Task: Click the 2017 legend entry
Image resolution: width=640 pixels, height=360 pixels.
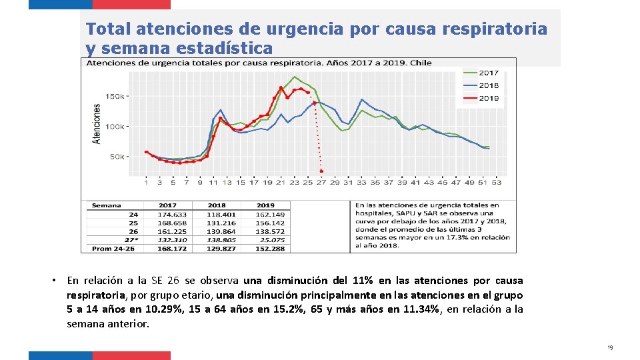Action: [x=489, y=73]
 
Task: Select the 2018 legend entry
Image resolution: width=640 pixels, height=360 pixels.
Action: [x=489, y=85]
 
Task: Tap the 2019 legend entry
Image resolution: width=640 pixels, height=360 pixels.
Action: [x=489, y=98]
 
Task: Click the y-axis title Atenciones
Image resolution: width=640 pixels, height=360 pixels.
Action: [x=97, y=123]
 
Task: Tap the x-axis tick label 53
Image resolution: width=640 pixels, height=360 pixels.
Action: [x=497, y=182]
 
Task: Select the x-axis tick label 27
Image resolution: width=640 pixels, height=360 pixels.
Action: [x=321, y=182]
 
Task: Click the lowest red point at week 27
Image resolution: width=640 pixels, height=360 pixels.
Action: [x=321, y=171]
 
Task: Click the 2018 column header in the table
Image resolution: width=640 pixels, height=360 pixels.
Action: [x=216, y=205]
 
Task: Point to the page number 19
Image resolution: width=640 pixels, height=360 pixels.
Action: [x=609, y=348]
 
